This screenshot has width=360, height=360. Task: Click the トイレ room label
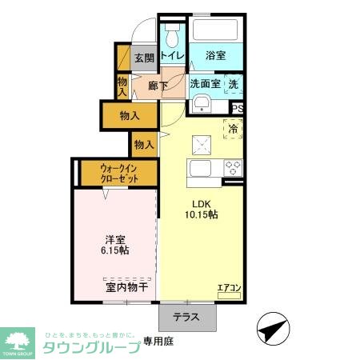[x=172, y=56]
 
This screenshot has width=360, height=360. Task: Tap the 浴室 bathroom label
[x=215, y=56]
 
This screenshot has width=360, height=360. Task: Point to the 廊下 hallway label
[x=158, y=85]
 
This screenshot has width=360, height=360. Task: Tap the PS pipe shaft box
[x=237, y=109]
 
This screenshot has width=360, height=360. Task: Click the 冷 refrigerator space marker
[x=234, y=128]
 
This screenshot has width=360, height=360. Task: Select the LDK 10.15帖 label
[x=202, y=209]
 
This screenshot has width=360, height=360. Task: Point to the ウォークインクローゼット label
[x=119, y=174]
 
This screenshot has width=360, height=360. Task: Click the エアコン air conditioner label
[x=229, y=287]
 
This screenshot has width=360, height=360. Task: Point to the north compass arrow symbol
[x=271, y=329]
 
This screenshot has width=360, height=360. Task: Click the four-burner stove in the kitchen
[x=233, y=168]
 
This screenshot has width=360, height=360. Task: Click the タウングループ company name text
[x=90, y=347]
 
